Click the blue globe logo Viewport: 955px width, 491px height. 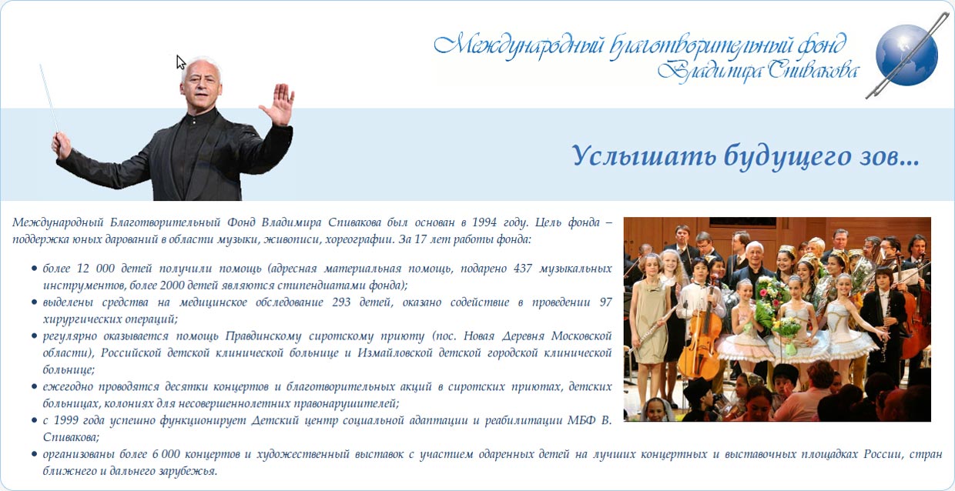[x=906, y=55]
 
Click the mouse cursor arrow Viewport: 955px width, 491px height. [x=181, y=62]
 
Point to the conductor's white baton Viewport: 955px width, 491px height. [x=49, y=98]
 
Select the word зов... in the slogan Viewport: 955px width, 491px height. [x=894, y=157]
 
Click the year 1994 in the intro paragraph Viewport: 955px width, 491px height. [x=484, y=222]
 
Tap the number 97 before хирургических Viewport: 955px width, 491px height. [x=605, y=302]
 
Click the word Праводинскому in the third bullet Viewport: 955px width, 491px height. [x=263, y=336]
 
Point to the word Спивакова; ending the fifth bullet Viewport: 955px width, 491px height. [x=71, y=437]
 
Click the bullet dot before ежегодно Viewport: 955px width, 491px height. [x=34, y=386]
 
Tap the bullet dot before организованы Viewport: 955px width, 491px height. [x=34, y=454]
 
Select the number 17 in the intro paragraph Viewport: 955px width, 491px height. [x=421, y=239]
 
